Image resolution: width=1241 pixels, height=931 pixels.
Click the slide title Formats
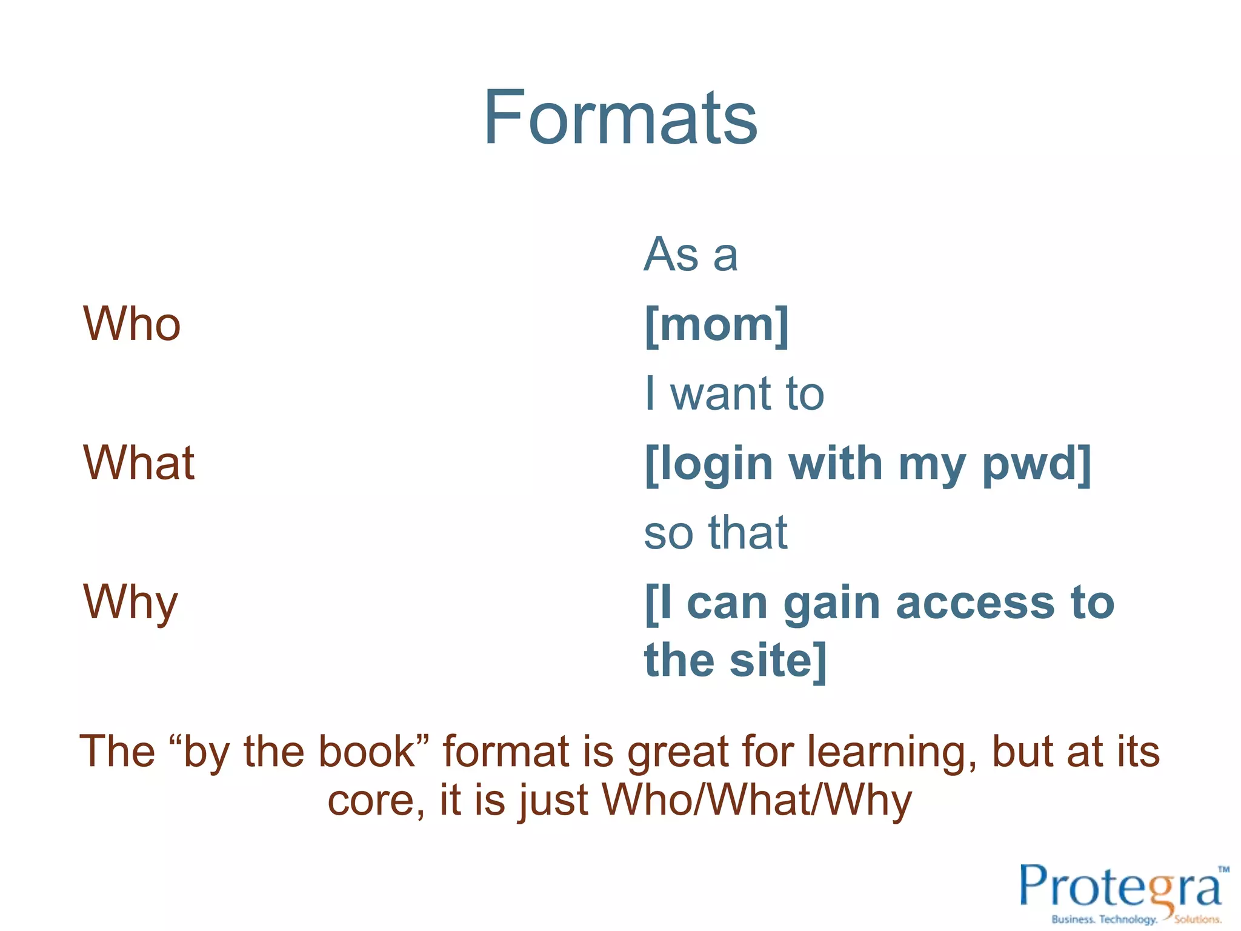pyautogui.click(x=620, y=118)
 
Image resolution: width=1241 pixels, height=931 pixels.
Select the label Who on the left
pyautogui.click(x=131, y=324)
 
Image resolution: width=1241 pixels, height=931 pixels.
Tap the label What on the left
pyautogui.click(x=139, y=463)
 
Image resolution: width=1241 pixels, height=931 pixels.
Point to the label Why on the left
pyautogui.click(x=130, y=602)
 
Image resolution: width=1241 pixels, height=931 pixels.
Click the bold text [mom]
pyautogui.click(x=717, y=325)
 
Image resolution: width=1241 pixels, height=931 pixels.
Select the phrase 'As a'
pyautogui.click(x=691, y=255)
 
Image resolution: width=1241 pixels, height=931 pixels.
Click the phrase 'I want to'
pyautogui.click(x=734, y=394)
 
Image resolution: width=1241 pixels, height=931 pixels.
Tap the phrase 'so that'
pyautogui.click(x=716, y=533)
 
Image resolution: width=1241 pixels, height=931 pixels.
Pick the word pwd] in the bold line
pyautogui.click(x=1037, y=464)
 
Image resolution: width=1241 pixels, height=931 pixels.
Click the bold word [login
pyautogui.click(x=709, y=464)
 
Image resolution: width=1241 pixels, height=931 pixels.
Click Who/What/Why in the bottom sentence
pyautogui.click(x=757, y=800)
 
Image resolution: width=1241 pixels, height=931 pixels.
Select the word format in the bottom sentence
pyautogui.click(x=507, y=752)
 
